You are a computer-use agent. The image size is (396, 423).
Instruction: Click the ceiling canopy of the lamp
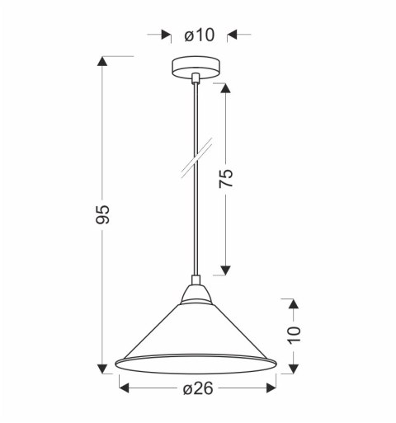195,68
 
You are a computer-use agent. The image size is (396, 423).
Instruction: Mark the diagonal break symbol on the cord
196,157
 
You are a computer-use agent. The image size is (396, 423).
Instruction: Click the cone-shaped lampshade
195,334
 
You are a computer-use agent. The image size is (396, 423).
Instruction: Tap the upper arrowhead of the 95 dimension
102,62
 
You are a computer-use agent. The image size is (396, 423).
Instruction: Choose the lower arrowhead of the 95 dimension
102,368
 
